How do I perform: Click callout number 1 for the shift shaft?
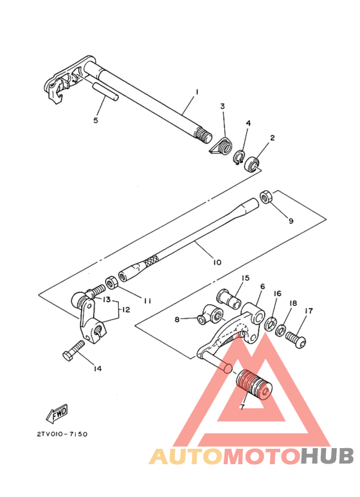197,92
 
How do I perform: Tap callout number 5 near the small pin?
96,120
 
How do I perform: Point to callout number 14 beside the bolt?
97,368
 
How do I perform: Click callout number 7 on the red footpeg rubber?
242,407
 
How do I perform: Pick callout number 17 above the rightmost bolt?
309,311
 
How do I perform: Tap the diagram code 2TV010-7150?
58,434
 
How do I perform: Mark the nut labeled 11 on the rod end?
111,281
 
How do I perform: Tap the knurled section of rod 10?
150,262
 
